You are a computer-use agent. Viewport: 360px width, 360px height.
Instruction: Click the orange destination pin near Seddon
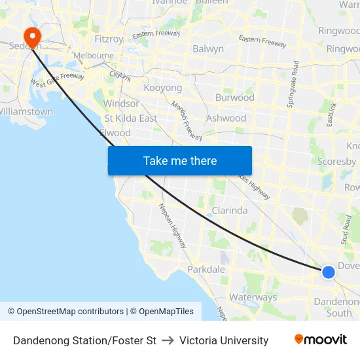31,36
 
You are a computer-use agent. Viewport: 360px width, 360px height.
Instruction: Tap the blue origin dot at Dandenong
329,272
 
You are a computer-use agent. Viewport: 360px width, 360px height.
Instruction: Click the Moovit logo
321,340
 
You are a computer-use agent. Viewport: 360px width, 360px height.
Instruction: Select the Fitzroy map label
109,39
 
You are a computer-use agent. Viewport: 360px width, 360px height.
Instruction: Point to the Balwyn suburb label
208,48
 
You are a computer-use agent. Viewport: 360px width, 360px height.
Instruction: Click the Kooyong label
162,88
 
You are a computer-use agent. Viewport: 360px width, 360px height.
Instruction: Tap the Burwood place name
235,98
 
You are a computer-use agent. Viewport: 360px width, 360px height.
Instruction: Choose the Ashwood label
226,118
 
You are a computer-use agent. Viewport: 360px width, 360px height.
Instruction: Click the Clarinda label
230,211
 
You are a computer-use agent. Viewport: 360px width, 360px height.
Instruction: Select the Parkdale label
206,270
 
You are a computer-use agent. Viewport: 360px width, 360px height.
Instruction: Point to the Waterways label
253,297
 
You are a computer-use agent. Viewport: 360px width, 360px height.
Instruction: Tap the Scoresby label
336,162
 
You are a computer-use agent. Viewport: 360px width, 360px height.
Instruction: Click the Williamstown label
26,112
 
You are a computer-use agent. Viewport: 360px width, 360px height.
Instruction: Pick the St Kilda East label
131,118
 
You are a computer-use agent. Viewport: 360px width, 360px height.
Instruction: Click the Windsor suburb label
121,103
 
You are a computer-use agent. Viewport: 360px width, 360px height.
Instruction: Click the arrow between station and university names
168,340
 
